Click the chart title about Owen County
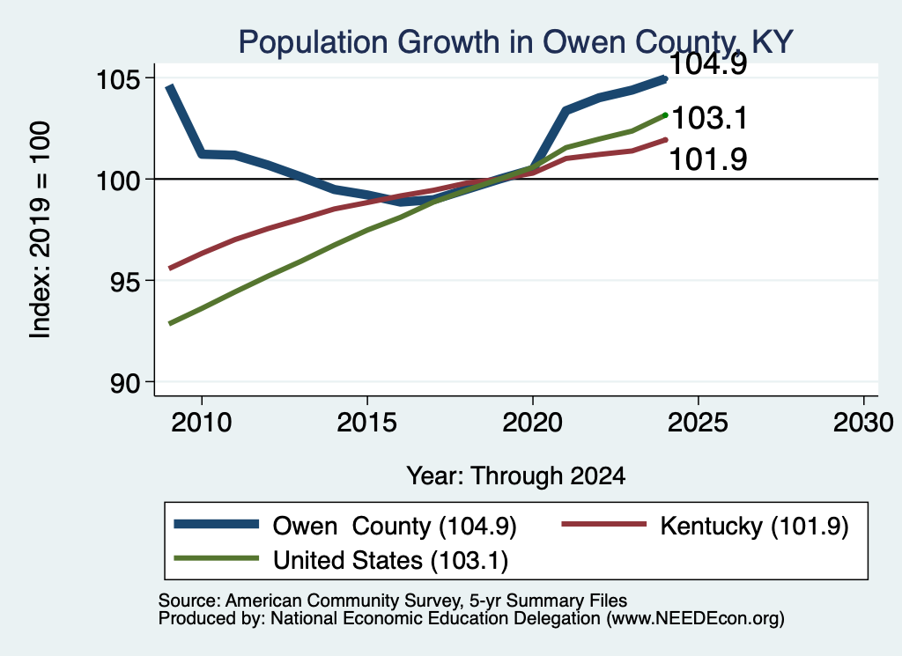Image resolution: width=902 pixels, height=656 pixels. click(515, 42)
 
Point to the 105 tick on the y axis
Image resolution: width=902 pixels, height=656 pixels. click(118, 78)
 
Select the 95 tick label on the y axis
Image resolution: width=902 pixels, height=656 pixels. click(125, 281)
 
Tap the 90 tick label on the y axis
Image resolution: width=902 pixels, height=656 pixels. click(125, 383)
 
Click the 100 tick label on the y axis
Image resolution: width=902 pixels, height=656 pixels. click(118, 180)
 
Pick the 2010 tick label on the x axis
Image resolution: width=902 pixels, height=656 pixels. click(202, 423)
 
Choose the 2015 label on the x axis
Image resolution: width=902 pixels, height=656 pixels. click(367, 423)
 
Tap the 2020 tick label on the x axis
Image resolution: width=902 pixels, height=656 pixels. click(533, 423)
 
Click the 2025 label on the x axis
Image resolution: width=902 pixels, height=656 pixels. click(698, 423)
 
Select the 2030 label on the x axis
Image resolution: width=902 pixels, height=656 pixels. click(863, 423)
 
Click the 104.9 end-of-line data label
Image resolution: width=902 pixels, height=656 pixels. click(709, 63)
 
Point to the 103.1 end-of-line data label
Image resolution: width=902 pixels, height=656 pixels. click(709, 119)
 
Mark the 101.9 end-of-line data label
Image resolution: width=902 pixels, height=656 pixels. click(709, 159)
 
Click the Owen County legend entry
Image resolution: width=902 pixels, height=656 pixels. click(345, 526)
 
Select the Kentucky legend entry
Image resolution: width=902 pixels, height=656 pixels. click(705, 526)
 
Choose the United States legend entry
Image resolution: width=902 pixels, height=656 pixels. click(341, 561)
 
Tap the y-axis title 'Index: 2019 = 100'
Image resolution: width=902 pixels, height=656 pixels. click(41, 230)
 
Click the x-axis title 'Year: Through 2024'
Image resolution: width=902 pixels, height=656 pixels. click(516, 476)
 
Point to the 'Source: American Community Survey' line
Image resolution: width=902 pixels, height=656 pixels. click(393, 601)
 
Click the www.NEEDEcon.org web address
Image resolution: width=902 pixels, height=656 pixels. click(694, 618)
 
